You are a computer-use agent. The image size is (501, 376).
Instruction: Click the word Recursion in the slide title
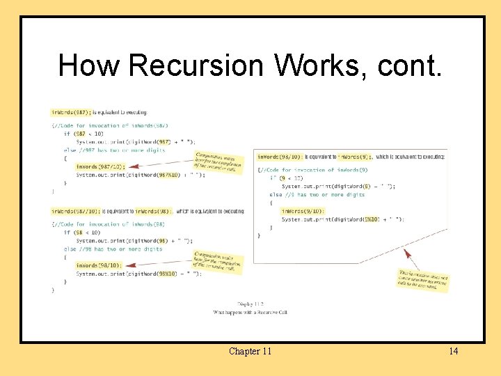click(x=196, y=66)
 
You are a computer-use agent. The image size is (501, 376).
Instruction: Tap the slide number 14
click(x=453, y=351)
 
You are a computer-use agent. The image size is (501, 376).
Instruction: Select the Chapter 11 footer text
click(x=250, y=351)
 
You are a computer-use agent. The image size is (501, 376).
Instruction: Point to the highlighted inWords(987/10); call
click(x=97, y=167)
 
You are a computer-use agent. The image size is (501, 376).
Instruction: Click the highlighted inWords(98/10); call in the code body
click(x=97, y=265)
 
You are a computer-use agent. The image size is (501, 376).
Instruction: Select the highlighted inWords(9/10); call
click(x=301, y=211)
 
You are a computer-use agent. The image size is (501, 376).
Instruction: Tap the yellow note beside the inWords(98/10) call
click(x=218, y=262)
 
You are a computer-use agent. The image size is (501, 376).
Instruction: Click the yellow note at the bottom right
click(x=423, y=281)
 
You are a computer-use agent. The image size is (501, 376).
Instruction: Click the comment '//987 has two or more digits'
click(x=118, y=150)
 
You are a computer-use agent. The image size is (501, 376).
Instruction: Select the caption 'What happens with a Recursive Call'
click(x=250, y=313)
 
